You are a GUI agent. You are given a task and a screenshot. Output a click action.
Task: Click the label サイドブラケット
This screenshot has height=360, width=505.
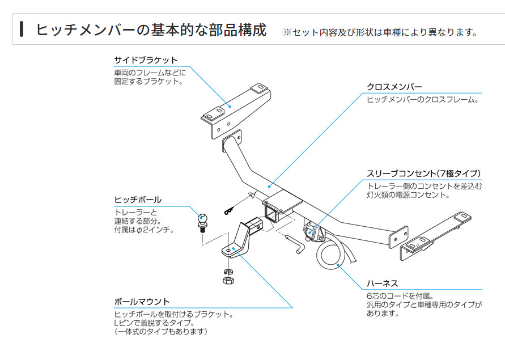146,60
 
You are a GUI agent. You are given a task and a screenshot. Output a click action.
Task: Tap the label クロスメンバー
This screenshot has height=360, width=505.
394,87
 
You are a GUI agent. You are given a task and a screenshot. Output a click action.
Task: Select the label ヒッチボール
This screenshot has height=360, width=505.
138,200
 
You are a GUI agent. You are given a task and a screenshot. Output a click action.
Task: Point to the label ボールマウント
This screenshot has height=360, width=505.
142,302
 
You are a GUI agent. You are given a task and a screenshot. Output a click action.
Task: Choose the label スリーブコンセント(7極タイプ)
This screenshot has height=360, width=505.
423,173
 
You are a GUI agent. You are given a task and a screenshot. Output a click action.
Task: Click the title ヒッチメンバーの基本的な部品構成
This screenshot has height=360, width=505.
151,29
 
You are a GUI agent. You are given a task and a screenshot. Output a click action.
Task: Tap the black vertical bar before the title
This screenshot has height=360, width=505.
22,29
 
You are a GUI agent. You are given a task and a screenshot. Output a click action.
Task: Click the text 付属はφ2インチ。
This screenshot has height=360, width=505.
143,230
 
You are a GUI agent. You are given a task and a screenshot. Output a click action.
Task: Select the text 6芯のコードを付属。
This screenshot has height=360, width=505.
400,295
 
